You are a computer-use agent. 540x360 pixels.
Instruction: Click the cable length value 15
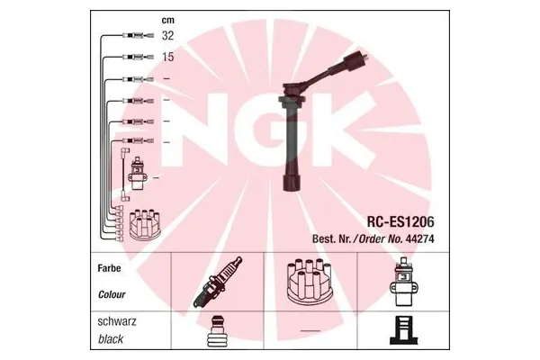pos(166,58)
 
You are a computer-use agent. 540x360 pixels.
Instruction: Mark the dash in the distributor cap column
pos(310,331)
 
